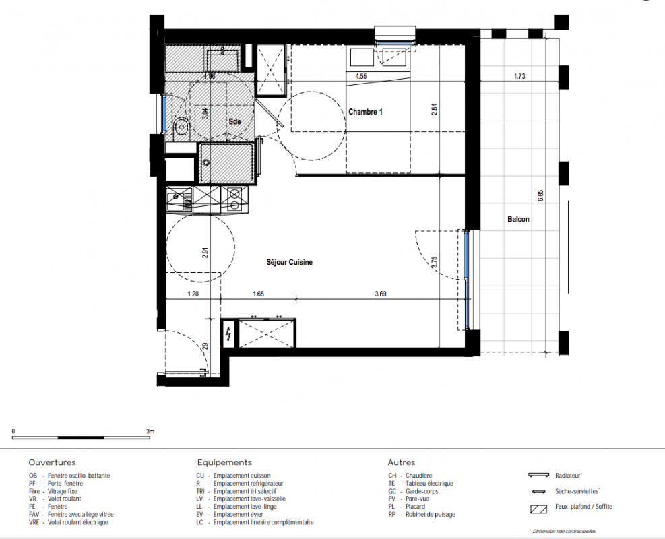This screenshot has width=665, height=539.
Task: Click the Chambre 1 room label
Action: tap(365, 112)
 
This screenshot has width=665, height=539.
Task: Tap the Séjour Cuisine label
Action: tap(289, 263)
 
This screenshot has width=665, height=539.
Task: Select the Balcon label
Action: tap(518, 219)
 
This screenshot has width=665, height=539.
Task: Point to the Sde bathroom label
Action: tap(234, 122)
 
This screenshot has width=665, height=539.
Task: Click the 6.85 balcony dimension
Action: tap(540, 195)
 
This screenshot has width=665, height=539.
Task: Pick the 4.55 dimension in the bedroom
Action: tap(360, 76)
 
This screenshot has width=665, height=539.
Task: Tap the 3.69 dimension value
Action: tap(381, 294)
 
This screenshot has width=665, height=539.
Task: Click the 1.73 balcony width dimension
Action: tap(519, 76)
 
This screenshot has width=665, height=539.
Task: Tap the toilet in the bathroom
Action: tap(181, 127)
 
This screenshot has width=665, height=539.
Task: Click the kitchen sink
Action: tap(179, 199)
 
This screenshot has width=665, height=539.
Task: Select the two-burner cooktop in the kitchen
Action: tap(234, 199)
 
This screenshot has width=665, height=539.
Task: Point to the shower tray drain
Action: tap(207, 162)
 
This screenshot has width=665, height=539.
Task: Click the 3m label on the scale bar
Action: tap(150, 431)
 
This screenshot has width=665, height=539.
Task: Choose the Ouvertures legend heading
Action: tap(52, 463)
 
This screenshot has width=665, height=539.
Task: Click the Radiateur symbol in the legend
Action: tap(538, 476)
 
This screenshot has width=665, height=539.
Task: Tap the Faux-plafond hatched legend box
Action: tap(538, 509)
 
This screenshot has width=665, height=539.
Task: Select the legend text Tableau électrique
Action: tap(429, 484)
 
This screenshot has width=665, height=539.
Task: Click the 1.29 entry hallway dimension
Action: tap(205, 348)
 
